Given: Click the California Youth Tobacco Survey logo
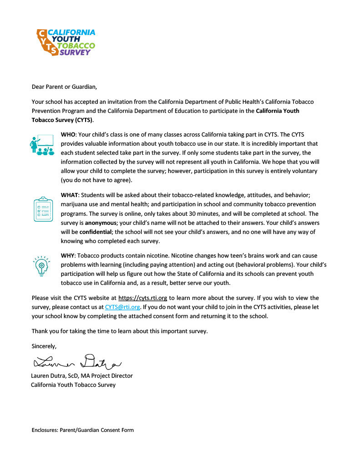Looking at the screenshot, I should [x=66, y=42].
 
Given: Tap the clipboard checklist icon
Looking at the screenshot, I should [x=43, y=209].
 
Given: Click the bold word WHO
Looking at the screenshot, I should [x=69, y=135].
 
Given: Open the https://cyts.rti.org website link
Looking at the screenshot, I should [x=142, y=298].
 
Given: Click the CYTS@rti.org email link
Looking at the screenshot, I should [x=122, y=307].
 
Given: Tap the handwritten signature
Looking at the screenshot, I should [x=77, y=362].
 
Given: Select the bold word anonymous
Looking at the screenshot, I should [x=101, y=223].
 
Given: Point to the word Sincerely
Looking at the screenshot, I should [x=44, y=346].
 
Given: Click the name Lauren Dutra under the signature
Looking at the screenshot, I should [x=49, y=376].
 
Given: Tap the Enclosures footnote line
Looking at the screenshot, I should [x=82, y=430].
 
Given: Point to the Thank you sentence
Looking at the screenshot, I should [x=120, y=331].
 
